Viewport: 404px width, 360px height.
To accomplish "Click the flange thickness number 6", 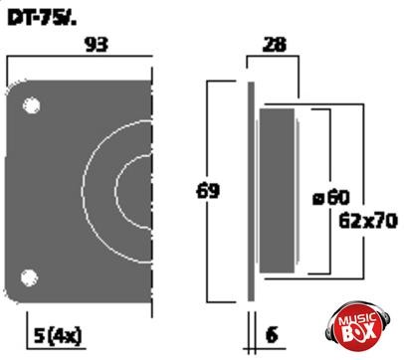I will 271,336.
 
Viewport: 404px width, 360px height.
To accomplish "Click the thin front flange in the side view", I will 250,189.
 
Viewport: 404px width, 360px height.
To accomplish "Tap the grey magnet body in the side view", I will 278,189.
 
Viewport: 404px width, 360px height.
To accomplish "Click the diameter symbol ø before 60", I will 317,197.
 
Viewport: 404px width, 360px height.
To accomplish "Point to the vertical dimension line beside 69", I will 207,239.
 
